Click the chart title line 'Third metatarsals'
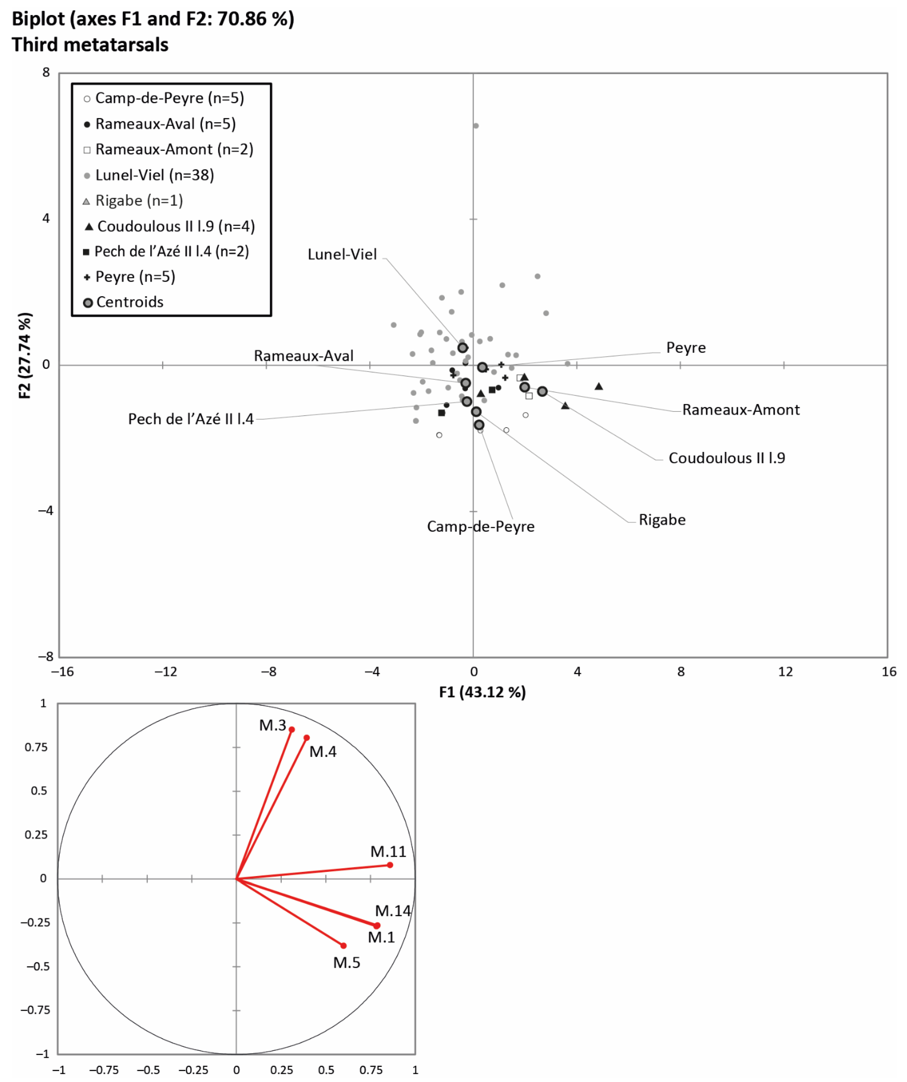tap(90, 45)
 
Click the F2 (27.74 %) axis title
tap(25, 356)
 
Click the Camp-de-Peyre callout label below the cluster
tap(480, 527)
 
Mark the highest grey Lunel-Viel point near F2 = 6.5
tap(476, 126)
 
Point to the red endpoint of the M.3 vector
tap(292, 729)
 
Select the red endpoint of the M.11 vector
tap(390, 865)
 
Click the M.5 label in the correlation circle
tap(346, 963)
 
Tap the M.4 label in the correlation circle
tap(323, 752)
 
